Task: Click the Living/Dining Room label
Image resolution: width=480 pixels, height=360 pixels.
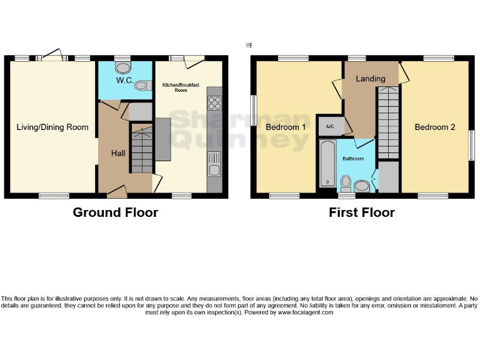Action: [52, 127]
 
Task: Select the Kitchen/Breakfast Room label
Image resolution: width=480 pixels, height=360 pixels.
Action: [175, 87]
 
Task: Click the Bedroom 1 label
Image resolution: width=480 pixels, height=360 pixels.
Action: [286, 127]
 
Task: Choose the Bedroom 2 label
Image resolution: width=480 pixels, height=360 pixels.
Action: [435, 127]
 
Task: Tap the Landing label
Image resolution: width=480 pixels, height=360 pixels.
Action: [371, 79]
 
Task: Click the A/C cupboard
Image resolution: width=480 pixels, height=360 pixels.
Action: [328, 126]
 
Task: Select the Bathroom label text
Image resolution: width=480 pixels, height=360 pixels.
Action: [352, 159]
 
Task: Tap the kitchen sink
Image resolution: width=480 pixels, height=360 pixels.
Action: [214, 164]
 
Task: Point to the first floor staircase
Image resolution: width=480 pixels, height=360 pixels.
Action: [388, 122]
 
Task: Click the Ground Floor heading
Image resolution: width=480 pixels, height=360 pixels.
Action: [116, 212]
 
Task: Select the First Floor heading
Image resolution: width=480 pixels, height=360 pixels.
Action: [362, 212]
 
